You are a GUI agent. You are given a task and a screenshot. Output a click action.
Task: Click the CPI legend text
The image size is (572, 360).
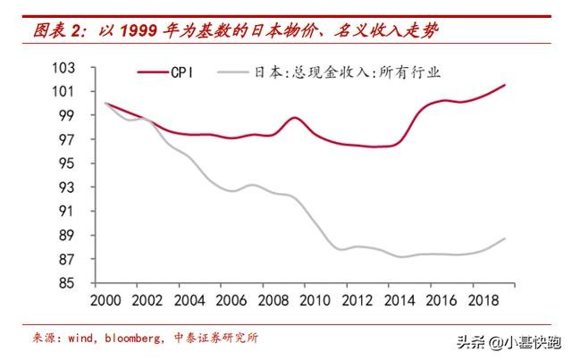[x=183, y=72]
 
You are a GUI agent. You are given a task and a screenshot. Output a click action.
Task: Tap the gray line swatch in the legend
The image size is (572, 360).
[x=236, y=72]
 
